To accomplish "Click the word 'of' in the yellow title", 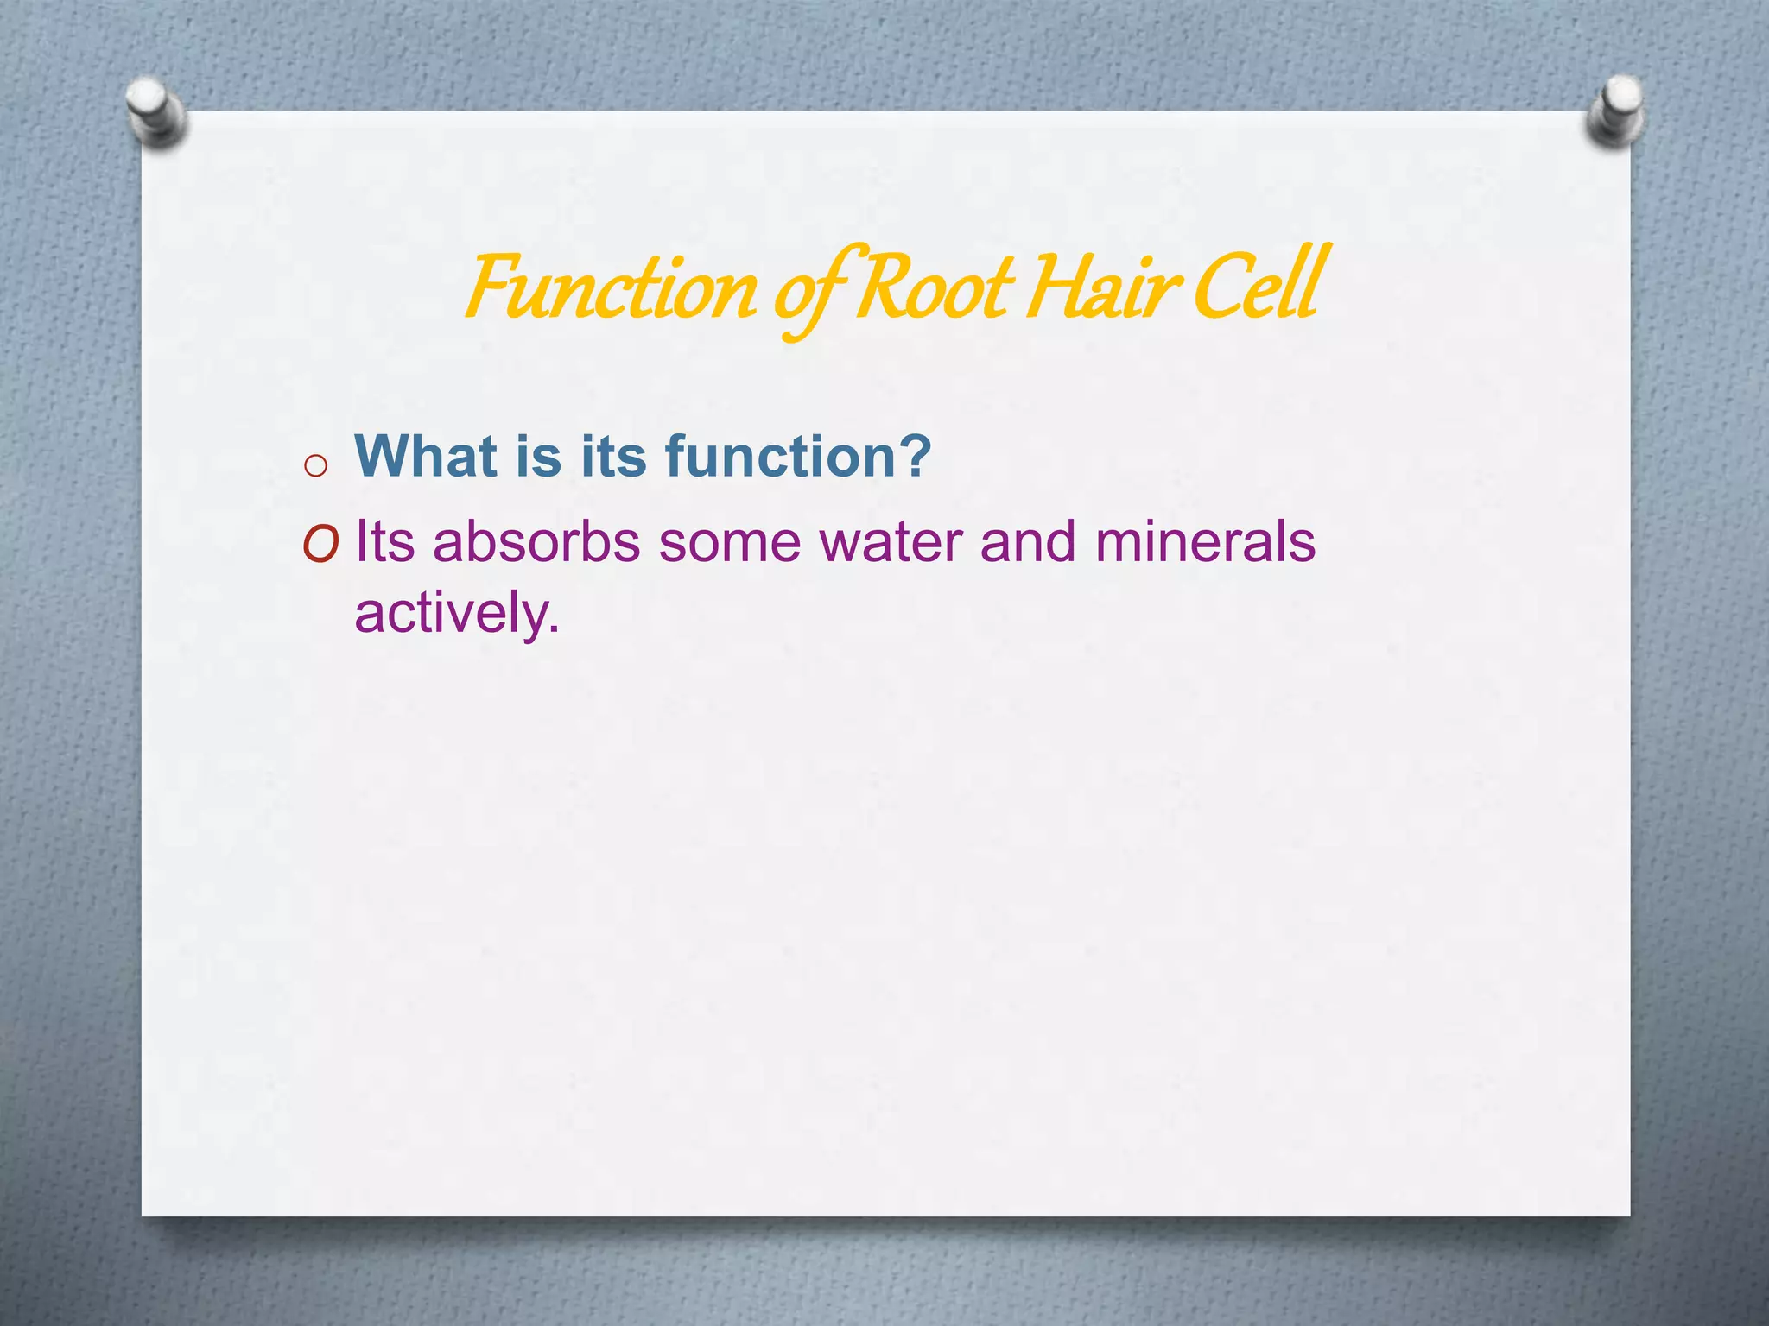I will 808,294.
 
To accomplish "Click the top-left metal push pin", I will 155,110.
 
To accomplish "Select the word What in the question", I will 427,455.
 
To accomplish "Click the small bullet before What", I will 316,466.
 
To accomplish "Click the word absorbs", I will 536,542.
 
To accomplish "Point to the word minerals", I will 1205,542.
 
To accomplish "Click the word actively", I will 456,613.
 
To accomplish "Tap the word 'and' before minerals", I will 1028,542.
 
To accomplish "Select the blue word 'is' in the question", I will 538,455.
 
